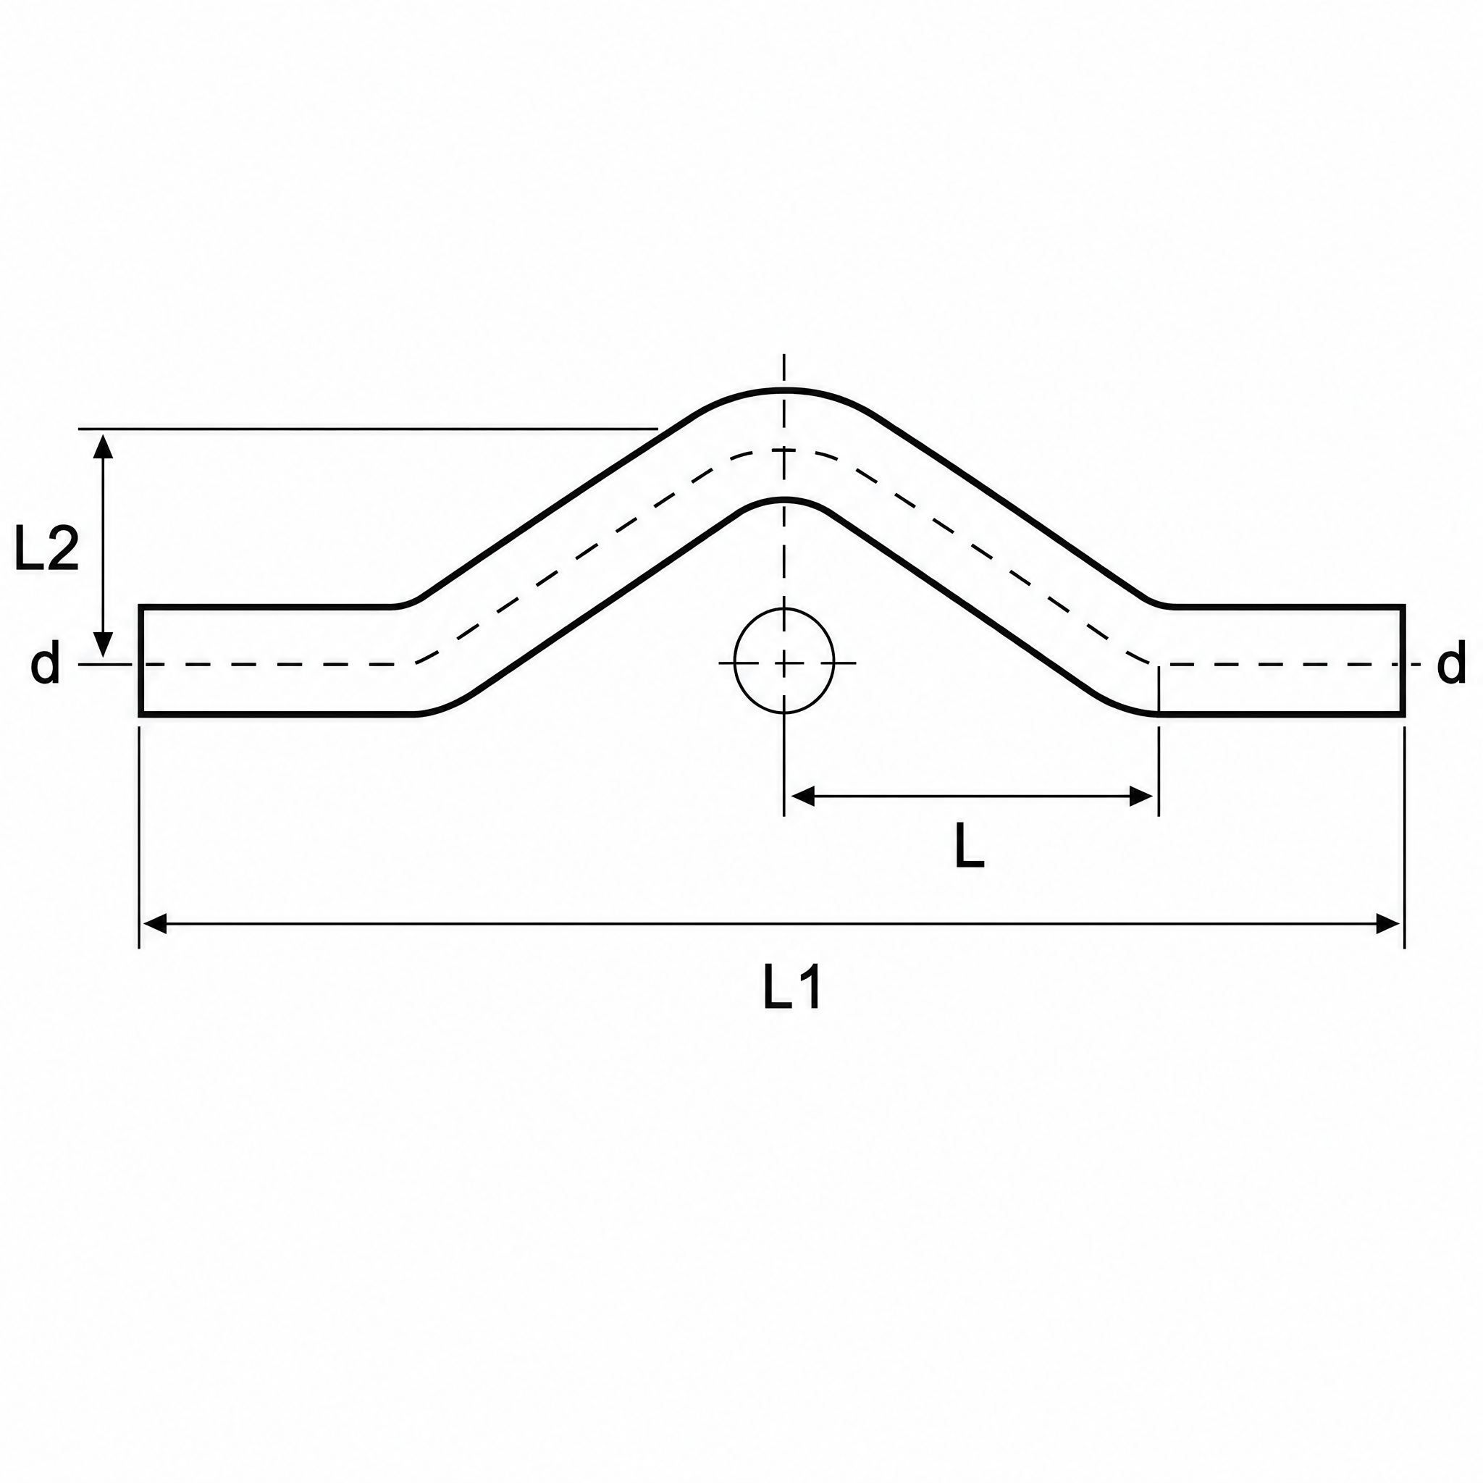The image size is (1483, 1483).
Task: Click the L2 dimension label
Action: click(x=47, y=550)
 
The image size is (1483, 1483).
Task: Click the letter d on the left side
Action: click(x=46, y=663)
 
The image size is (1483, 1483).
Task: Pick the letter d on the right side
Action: click(x=1450, y=663)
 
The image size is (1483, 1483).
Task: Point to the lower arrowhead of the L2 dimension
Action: click(x=103, y=644)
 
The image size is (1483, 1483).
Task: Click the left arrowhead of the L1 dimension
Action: click(x=155, y=923)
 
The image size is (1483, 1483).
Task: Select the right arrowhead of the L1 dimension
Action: click(x=1389, y=923)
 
